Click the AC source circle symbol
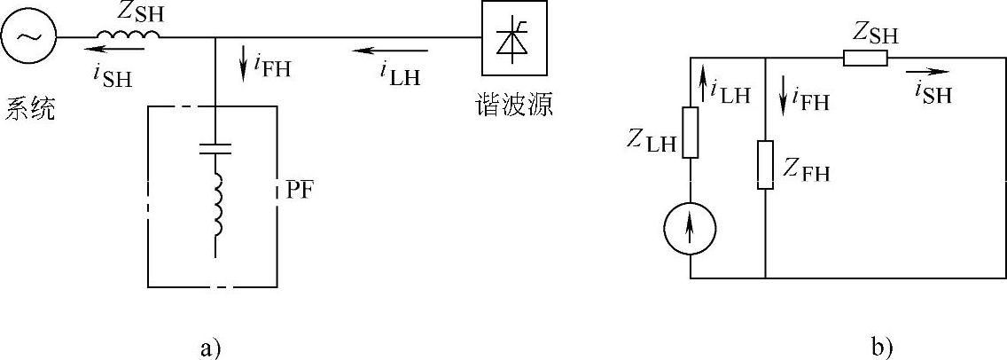tap(28, 37)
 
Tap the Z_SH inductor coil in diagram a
tap(129, 35)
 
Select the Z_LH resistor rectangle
tap(690, 132)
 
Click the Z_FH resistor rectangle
tap(765, 164)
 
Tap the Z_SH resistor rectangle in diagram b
tap(864, 59)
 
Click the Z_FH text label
tap(806, 169)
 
